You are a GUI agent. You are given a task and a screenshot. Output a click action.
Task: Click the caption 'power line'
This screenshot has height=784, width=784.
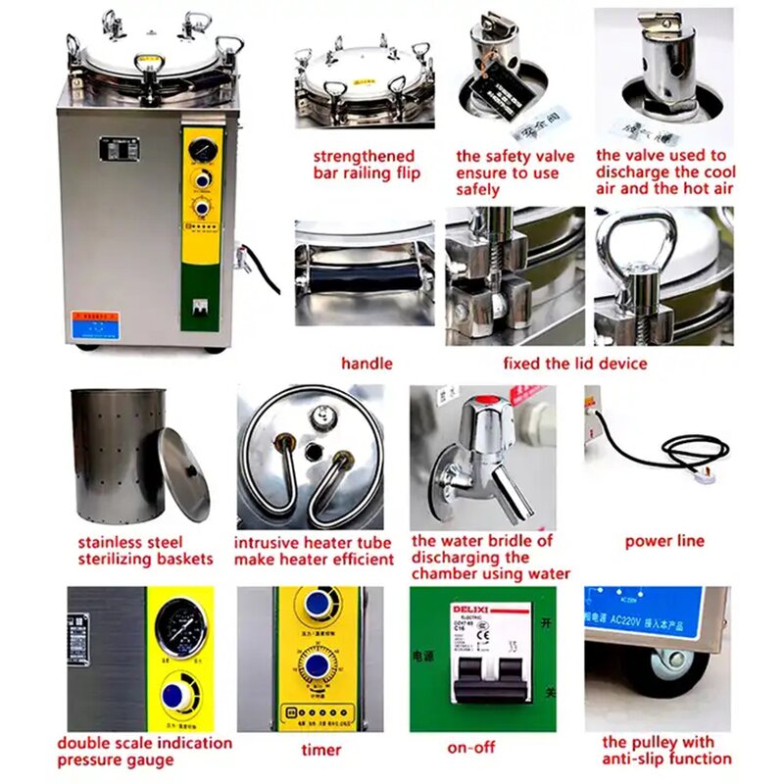coord(664,540)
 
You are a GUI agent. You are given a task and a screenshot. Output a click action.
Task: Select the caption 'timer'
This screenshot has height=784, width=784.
coord(320,750)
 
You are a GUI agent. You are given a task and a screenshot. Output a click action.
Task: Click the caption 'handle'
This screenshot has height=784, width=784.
coord(367,364)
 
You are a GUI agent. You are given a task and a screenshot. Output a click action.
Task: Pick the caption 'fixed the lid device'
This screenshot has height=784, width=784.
coord(575,364)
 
